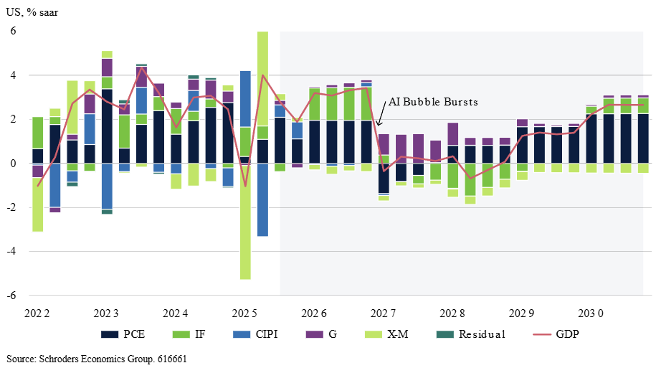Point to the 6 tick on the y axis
point(12,31)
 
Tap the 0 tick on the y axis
point(12,164)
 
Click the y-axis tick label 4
point(12,75)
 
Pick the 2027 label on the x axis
point(384,313)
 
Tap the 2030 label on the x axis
point(591,313)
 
